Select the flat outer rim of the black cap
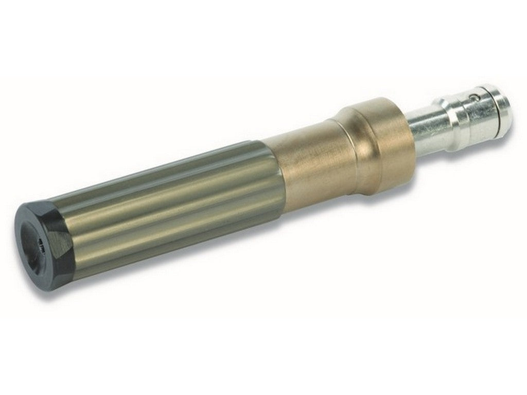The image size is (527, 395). (x=26, y=226)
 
